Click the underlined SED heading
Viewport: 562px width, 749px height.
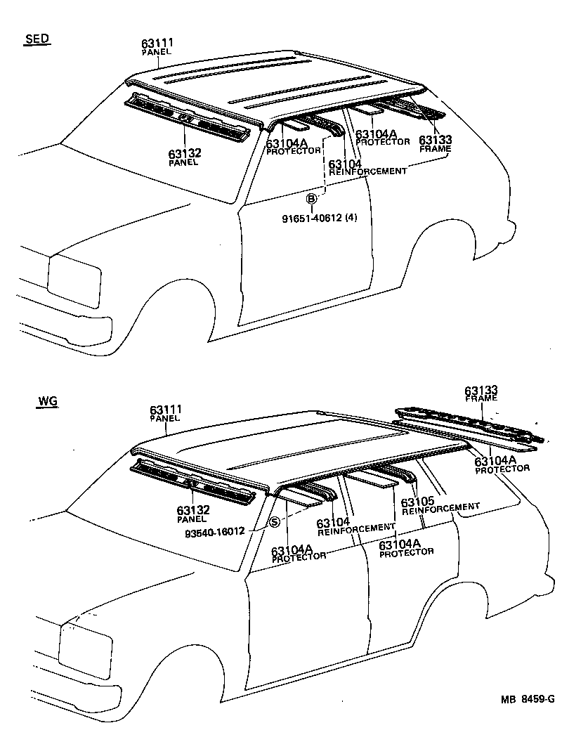[37, 39]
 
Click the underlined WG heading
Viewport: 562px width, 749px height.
[47, 402]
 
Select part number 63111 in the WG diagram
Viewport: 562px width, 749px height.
[165, 410]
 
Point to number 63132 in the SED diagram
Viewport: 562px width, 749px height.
[183, 154]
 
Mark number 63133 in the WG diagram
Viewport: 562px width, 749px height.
[481, 390]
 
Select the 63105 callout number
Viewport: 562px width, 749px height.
[417, 502]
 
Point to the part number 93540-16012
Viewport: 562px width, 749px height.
[214, 532]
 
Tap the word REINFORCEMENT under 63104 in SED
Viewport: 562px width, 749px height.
[368, 171]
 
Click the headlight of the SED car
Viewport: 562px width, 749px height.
[73, 280]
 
